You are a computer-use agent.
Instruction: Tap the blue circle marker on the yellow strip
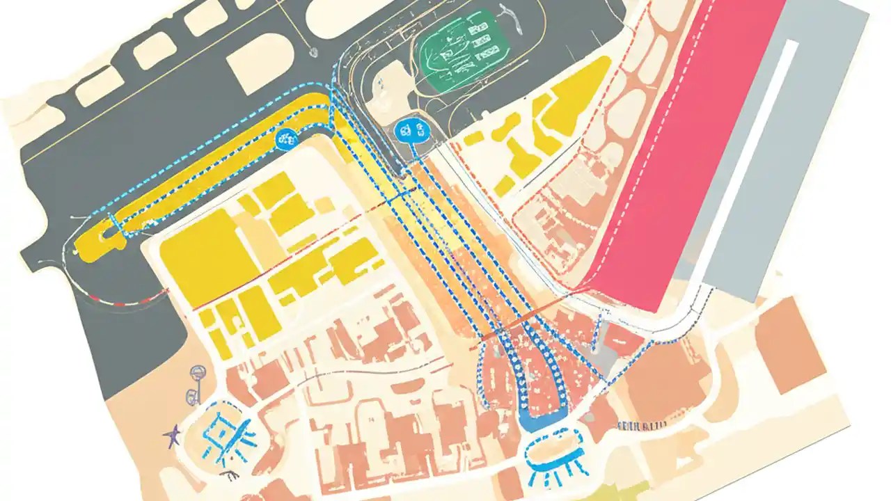click(286, 138)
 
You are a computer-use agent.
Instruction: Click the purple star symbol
click(172, 436)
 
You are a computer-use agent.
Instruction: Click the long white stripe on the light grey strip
click(752, 160)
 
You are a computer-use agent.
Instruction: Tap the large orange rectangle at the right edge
click(790, 341)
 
